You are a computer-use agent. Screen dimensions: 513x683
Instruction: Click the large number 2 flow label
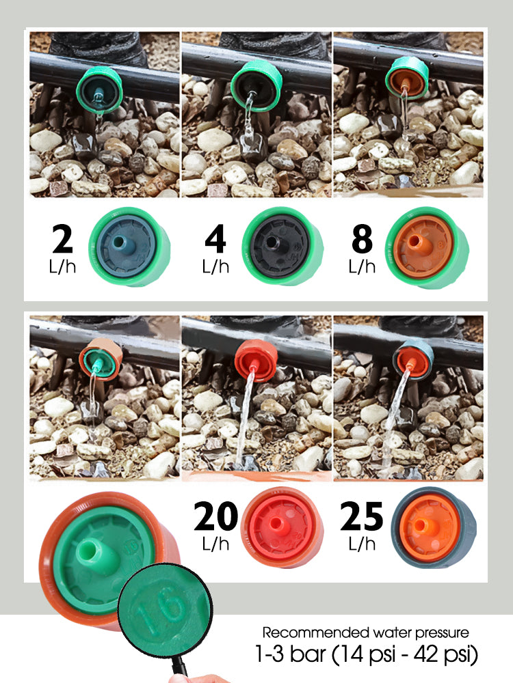(x=62, y=238)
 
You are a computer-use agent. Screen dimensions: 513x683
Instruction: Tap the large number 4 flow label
(x=215, y=238)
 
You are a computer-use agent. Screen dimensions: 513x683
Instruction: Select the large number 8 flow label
(x=362, y=238)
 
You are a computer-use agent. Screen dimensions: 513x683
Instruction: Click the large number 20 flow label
(x=215, y=516)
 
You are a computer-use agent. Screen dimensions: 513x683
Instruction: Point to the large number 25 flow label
(x=362, y=516)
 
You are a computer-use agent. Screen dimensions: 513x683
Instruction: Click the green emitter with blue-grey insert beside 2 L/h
(x=129, y=247)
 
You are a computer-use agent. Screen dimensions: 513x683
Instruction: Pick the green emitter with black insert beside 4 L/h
(x=282, y=247)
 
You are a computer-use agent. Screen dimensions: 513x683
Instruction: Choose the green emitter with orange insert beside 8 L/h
(x=426, y=247)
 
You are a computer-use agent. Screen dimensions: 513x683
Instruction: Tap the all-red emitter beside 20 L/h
(x=282, y=527)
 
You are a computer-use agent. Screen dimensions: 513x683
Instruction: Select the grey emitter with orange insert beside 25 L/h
(x=434, y=527)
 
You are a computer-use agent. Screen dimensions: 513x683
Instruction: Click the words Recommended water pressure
(x=365, y=632)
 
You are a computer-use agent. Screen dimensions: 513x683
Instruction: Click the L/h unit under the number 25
(x=362, y=544)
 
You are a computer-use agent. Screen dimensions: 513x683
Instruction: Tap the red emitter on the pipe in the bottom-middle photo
(x=256, y=361)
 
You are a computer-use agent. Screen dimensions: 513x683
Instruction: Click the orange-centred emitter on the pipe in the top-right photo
(x=407, y=78)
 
